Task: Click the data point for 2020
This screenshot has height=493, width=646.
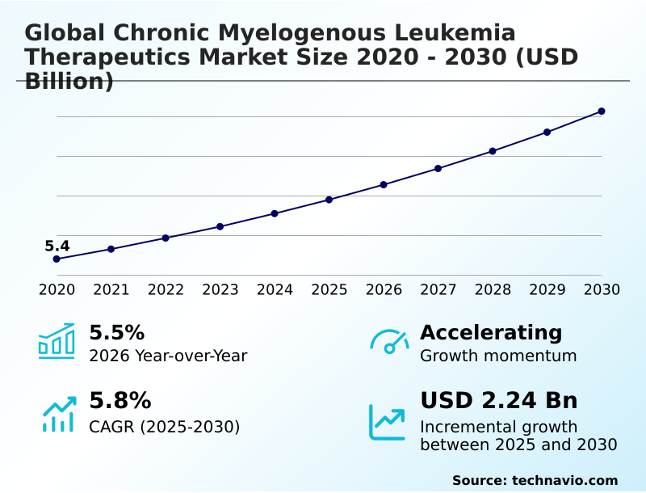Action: click(x=57, y=259)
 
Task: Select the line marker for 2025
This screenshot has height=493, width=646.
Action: click(x=329, y=200)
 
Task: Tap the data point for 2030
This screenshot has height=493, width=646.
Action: click(x=602, y=111)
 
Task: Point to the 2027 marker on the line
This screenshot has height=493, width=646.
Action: click(x=438, y=168)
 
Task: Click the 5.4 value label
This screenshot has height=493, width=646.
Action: click(x=57, y=247)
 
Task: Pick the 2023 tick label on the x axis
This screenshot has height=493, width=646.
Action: click(x=220, y=289)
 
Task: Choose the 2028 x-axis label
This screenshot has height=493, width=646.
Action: click(x=493, y=289)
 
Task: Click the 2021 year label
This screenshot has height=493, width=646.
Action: click(x=111, y=289)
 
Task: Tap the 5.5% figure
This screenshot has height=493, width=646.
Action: click(x=116, y=332)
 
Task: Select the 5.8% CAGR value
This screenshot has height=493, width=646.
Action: click(x=120, y=401)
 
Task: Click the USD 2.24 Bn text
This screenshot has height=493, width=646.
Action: click(x=498, y=401)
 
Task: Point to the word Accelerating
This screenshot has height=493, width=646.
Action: click(x=491, y=332)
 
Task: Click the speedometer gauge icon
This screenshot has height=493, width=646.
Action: click(x=389, y=342)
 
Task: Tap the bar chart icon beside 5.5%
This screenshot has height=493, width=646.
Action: click(x=57, y=342)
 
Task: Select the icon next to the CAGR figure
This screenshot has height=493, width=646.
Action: click(x=58, y=414)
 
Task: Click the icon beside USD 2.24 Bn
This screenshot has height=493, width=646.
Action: click(x=388, y=422)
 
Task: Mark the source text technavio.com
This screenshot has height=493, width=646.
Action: click(x=564, y=480)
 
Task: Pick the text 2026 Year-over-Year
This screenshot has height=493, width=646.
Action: click(x=168, y=356)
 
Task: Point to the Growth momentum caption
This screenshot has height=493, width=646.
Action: click(x=498, y=356)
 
